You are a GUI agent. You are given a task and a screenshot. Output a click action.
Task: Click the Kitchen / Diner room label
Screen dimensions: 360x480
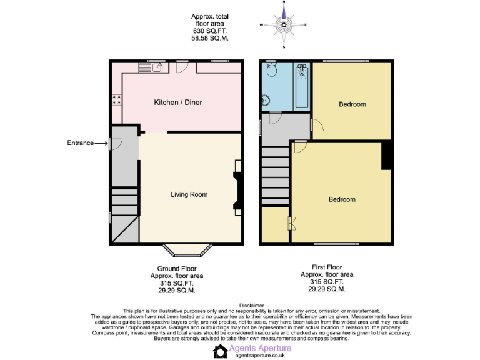[x=178, y=102]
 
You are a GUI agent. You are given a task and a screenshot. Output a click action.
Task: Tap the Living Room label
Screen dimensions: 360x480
[x=189, y=194]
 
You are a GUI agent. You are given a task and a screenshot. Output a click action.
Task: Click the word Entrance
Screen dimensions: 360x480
[x=80, y=143]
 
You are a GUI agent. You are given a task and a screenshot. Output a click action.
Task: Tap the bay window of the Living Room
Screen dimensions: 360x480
[x=189, y=251]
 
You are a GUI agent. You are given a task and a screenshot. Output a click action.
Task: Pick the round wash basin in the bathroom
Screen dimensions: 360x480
[x=266, y=100]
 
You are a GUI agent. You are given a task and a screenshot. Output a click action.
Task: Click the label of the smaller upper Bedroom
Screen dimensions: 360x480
[x=352, y=104]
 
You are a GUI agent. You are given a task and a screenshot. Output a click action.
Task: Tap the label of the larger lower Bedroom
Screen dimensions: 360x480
[x=342, y=199]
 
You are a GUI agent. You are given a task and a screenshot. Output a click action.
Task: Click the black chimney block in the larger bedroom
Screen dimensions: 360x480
[x=387, y=155]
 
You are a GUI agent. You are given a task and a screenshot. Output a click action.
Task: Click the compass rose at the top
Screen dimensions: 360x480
[x=284, y=25]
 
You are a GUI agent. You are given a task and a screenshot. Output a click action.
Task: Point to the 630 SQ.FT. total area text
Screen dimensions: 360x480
[x=209, y=31]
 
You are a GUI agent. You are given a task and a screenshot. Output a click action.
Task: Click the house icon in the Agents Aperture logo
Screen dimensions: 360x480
[x=219, y=352]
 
